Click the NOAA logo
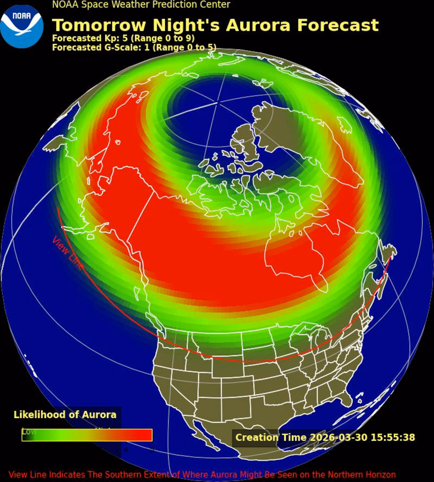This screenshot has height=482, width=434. point(22,26)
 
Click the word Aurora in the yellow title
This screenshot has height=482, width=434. point(258,25)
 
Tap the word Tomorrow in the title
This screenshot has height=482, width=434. point(99,25)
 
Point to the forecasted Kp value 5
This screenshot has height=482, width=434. point(124,38)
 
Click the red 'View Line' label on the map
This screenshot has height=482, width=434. point(67,253)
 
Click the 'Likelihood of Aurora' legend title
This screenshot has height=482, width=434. point(65,415)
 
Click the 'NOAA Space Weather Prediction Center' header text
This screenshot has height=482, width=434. point(141,5)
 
